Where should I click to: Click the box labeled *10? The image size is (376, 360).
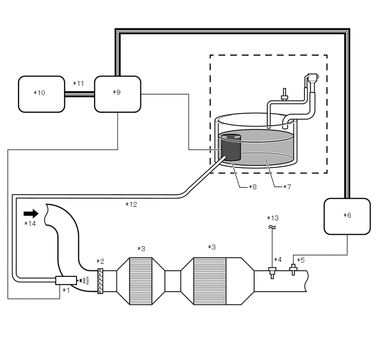click(42, 94)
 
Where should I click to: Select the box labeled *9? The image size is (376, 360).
click(117, 94)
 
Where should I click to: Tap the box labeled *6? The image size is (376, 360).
click(348, 216)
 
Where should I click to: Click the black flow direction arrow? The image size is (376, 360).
click(31, 213)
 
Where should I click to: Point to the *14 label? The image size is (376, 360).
click(30, 224)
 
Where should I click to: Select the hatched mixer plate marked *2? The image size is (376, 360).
click(100, 281)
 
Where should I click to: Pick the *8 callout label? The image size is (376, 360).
click(252, 187)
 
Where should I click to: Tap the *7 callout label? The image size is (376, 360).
click(286, 187)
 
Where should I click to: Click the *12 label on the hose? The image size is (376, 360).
click(131, 205)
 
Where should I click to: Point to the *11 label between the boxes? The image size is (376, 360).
click(79, 84)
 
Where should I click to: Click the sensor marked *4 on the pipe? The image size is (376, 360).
click(272, 270)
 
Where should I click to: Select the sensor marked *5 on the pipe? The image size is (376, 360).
click(293, 269)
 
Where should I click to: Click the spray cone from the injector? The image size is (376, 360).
click(84, 280)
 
